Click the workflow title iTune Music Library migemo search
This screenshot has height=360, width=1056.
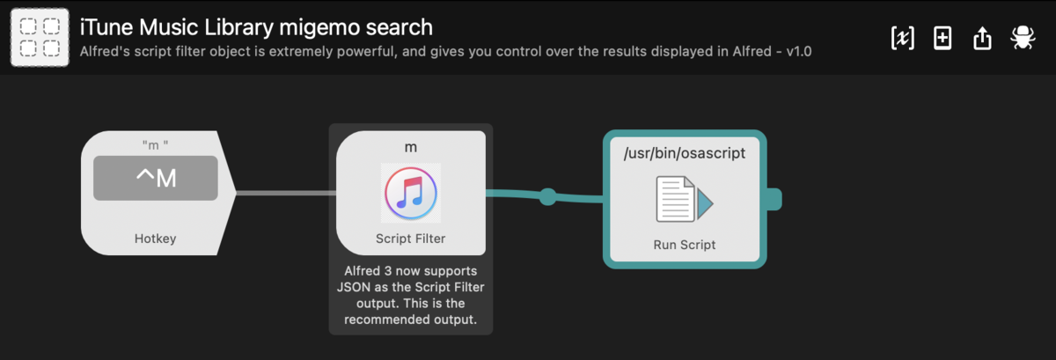point(256,27)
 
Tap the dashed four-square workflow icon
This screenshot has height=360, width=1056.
point(40,37)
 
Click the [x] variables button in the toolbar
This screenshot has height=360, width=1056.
point(902,38)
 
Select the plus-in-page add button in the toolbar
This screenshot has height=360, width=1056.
point(942,38)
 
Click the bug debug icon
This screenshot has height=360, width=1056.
point(1023,37)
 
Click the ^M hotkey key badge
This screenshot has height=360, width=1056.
point(156,178)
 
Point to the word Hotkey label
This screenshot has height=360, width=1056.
point(155,239)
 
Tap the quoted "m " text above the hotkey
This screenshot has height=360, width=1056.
point(155,145)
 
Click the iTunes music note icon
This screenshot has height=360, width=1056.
point(411,193)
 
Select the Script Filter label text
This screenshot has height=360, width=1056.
point(411,239)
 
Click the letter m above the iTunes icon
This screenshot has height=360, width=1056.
point(411,148)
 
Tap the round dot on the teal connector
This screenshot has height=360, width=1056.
point(547,196)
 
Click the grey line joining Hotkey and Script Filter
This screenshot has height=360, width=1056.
point(286,193)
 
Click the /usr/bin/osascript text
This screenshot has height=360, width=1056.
point(685,153)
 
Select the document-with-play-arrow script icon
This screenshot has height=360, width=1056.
point(685,199)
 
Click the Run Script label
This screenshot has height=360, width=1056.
point(685,245)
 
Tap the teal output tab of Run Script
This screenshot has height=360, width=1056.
point(774,199)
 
